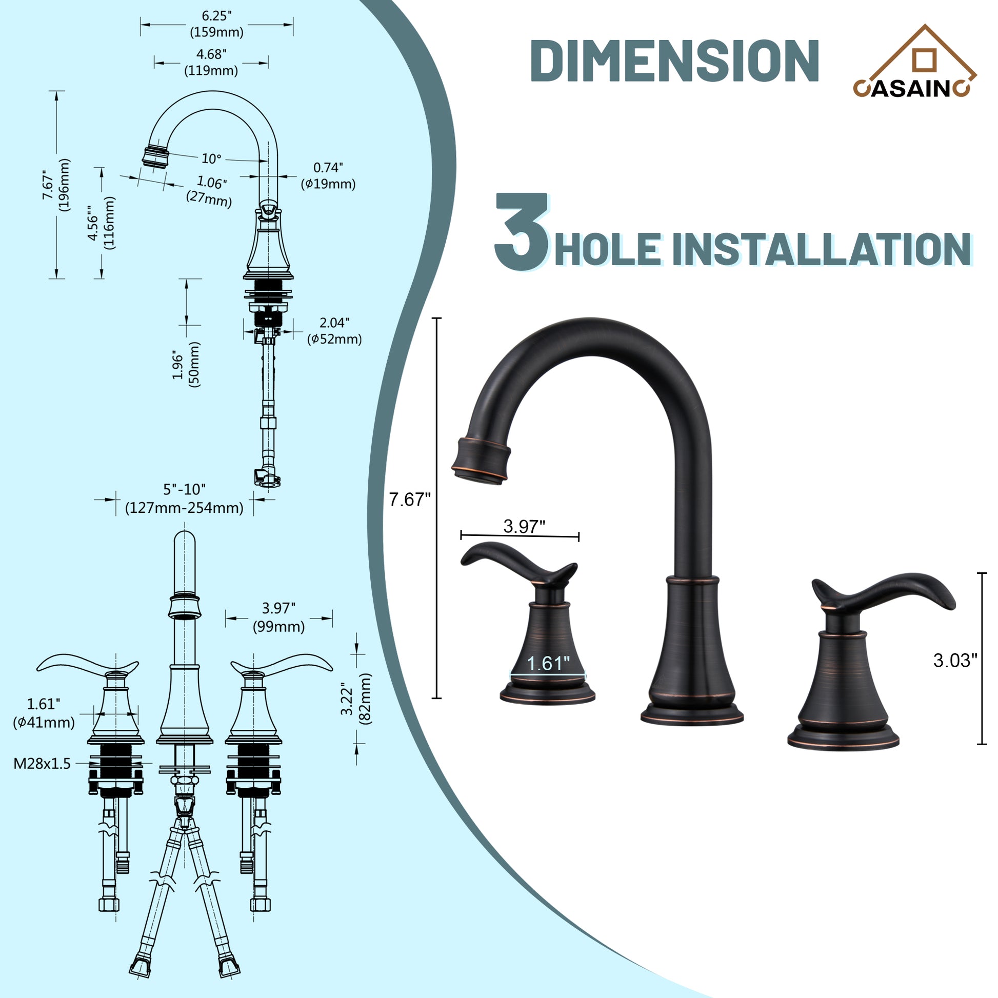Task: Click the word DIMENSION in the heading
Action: point(674,61)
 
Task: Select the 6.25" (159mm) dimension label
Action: point(216,24)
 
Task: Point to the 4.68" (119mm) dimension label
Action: point(211,63)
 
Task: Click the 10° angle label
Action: point(211,158)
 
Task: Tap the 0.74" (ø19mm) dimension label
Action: point(328,175)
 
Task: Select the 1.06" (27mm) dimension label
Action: point(210,191)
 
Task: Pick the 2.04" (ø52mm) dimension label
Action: point(334,331)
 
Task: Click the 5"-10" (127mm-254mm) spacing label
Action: point(184,499)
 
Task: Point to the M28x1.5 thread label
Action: point(42,764)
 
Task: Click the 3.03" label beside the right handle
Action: point(955,661)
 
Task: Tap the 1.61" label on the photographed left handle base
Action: point(548,663)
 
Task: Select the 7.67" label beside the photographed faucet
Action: point(409,500)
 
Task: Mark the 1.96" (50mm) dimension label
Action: point(186,365)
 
